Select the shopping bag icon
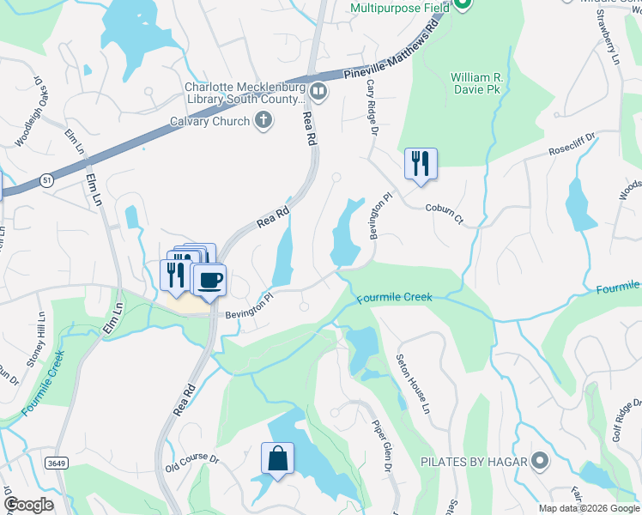(278, 457)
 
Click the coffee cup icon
(210, 279)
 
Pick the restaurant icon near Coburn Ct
(421, 163)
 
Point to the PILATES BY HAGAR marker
(539, 462)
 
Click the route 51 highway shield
(45, 179)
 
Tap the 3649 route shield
(56, 463)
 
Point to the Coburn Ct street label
(444, 214)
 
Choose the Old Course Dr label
(191, 463)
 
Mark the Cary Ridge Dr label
(372, 107)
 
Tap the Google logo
(28, 505)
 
